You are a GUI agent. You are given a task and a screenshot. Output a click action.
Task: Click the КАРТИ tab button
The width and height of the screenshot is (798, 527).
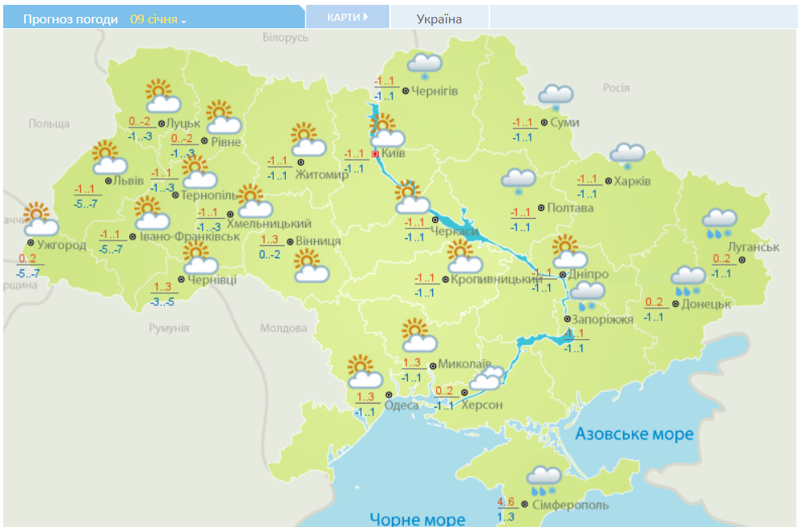[x=346, y=17]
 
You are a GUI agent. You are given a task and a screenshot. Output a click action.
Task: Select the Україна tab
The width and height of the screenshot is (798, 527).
[x=439, y=19]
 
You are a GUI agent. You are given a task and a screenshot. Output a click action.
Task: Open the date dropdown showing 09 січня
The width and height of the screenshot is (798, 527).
[x=158, y=19]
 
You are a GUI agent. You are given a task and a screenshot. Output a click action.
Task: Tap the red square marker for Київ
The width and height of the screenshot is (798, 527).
[x=375, y=153]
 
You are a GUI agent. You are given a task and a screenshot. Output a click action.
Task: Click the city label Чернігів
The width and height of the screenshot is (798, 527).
[x=435, y=91]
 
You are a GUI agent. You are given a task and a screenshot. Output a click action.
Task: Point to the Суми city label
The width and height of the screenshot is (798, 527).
[x=564, y=123]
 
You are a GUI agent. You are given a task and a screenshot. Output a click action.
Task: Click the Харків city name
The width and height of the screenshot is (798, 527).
[x=632, y=181]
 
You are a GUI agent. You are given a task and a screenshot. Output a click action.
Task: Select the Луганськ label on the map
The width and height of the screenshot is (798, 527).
[x=753, y=247]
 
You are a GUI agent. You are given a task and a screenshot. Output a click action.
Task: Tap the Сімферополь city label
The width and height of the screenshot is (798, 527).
[x=570, y=505]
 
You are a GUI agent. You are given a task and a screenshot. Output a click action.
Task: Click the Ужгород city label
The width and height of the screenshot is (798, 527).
[x=61, y=245]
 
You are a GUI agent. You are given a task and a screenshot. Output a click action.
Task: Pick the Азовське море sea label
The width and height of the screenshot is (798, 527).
[x=634, y=434]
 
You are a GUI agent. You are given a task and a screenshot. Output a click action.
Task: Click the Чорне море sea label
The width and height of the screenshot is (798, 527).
[x=417, y=519]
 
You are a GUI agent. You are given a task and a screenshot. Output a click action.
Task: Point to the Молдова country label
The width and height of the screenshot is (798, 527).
[x=283, y=328]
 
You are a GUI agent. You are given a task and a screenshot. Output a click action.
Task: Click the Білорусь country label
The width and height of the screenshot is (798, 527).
[x=285, y=38]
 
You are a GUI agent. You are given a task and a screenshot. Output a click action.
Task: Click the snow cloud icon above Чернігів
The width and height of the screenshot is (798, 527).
[x=424, y=65]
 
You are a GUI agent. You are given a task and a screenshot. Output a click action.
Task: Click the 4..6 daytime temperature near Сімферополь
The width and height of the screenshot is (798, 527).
[x=506, y=502]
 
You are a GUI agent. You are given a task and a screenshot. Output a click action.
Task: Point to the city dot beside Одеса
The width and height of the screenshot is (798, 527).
[x=377, y=405]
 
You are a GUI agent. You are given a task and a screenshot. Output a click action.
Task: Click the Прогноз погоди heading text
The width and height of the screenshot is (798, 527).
[x=71, y=19]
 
